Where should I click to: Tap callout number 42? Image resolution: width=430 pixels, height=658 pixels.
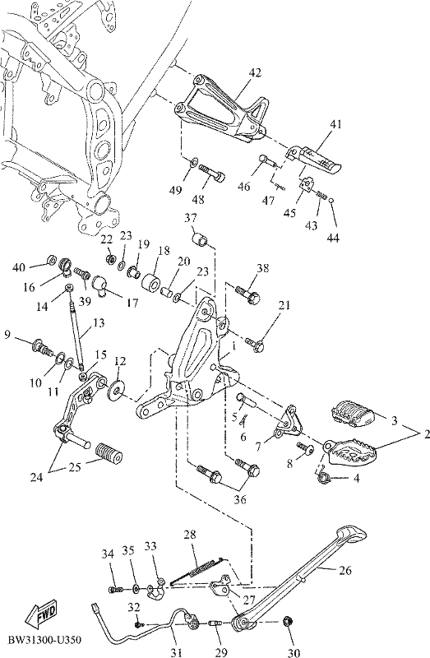255,72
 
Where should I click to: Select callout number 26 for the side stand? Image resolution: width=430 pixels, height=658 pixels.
344,571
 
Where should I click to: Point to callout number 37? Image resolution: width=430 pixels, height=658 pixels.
191,218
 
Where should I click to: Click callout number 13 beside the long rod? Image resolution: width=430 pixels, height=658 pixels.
99,322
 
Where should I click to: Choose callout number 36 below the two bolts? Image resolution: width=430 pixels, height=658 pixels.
240,500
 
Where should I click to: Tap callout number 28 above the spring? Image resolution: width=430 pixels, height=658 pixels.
190,535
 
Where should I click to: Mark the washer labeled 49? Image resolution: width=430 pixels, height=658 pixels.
193,161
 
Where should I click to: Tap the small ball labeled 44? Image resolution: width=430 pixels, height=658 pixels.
331,201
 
